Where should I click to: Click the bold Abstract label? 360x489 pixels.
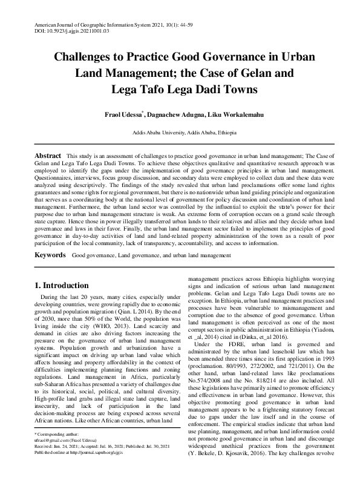[48, 156]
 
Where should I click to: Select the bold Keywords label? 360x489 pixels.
[50, 257]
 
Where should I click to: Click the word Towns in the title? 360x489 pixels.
[232, 90]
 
